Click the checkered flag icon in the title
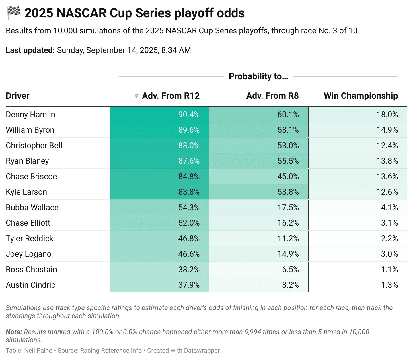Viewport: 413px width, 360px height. pyautogui.click(x=13, y=13)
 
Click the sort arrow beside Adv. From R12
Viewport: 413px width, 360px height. pyautogui.click(x=137, y=96)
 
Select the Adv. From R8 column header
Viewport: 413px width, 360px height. pyautogui.click(x=272, y=96)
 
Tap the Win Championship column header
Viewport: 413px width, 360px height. pyautogui.click(x=361, y=96)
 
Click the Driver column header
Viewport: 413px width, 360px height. pyautogui.click(x=18, y=96)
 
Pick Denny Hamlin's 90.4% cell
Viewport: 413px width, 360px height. pyautogui.click(x=189, y=115)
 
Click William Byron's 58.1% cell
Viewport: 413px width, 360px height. pyautogui.click(x=288, y=130)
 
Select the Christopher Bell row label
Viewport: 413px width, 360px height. pyautogui.click(x=34, y=146)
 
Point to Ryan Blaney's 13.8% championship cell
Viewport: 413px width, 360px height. pyautogui.click(x=387, y=161)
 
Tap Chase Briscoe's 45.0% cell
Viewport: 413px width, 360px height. pyautogui.click(x=288, y=177)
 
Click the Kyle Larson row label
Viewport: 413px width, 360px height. pyautogui.click(x=26, y=192)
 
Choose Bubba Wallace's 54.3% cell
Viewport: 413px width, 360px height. pyautogui.click(x=189, y=208)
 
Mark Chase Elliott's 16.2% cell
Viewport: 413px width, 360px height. pyautogui.click(x=288, y=223)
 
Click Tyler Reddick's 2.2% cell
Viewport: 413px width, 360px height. pyautogui.click(x=389, y=239)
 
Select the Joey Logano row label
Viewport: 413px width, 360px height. pyautogui.click(x=29, y=254)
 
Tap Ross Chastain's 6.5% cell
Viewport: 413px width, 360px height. pyautogui.click(x=290, y=270)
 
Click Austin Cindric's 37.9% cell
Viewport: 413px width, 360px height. pyautogui.click(x=189, y=285)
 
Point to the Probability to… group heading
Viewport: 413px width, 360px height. pyautogui.click(x=258, y=76)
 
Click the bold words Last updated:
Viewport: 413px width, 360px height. pyautogui.click(x=30, y=50)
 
